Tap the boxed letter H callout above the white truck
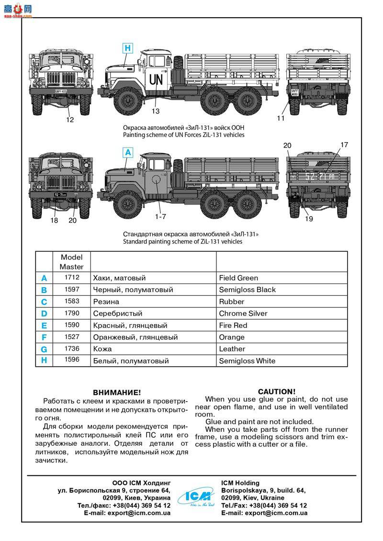[x=127, y=48]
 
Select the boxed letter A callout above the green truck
[x=127, y=153]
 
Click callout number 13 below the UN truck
[x=156, y=111]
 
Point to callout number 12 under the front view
[x=70, y=120]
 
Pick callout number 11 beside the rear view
[x=281, y=118]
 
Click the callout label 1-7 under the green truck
[x=160, y=216]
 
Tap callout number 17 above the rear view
[x=344, y=145]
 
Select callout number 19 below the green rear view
[x=308, y=219]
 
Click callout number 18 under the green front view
[x=54, y=220]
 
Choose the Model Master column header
[x=71, y=262]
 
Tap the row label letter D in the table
[x=44, y=314]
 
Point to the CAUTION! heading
[x=277, y=391]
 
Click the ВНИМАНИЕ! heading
[x=117, y=392]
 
